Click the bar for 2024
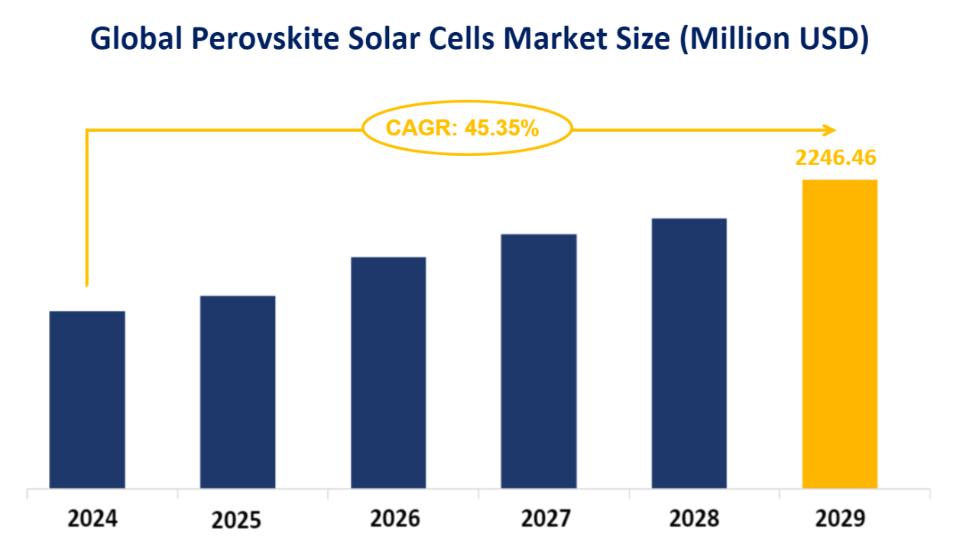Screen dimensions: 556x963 point(87,399)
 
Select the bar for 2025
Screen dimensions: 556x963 point(238,392)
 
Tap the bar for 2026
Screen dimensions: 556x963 point(388,373)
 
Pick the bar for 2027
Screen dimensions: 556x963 point(539,361)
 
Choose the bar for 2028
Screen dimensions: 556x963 point(689,354)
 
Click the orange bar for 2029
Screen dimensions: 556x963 point(839,334)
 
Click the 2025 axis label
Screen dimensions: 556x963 point(236,521)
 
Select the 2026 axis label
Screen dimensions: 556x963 point(395,519)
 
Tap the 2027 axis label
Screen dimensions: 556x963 point(546,519)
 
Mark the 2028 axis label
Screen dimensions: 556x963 point(694,519)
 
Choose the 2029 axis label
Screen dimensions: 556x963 point(841,519)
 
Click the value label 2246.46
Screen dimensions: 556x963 point(835,157)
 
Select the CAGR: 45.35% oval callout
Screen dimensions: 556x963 point(466,128)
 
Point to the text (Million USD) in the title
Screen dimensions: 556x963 point(773,40)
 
